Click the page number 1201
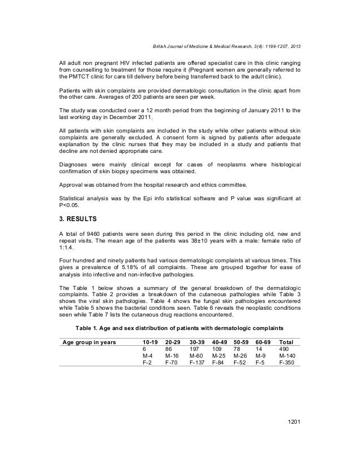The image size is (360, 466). [x=292, y=439]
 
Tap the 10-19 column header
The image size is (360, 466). [x=151, y=342]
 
